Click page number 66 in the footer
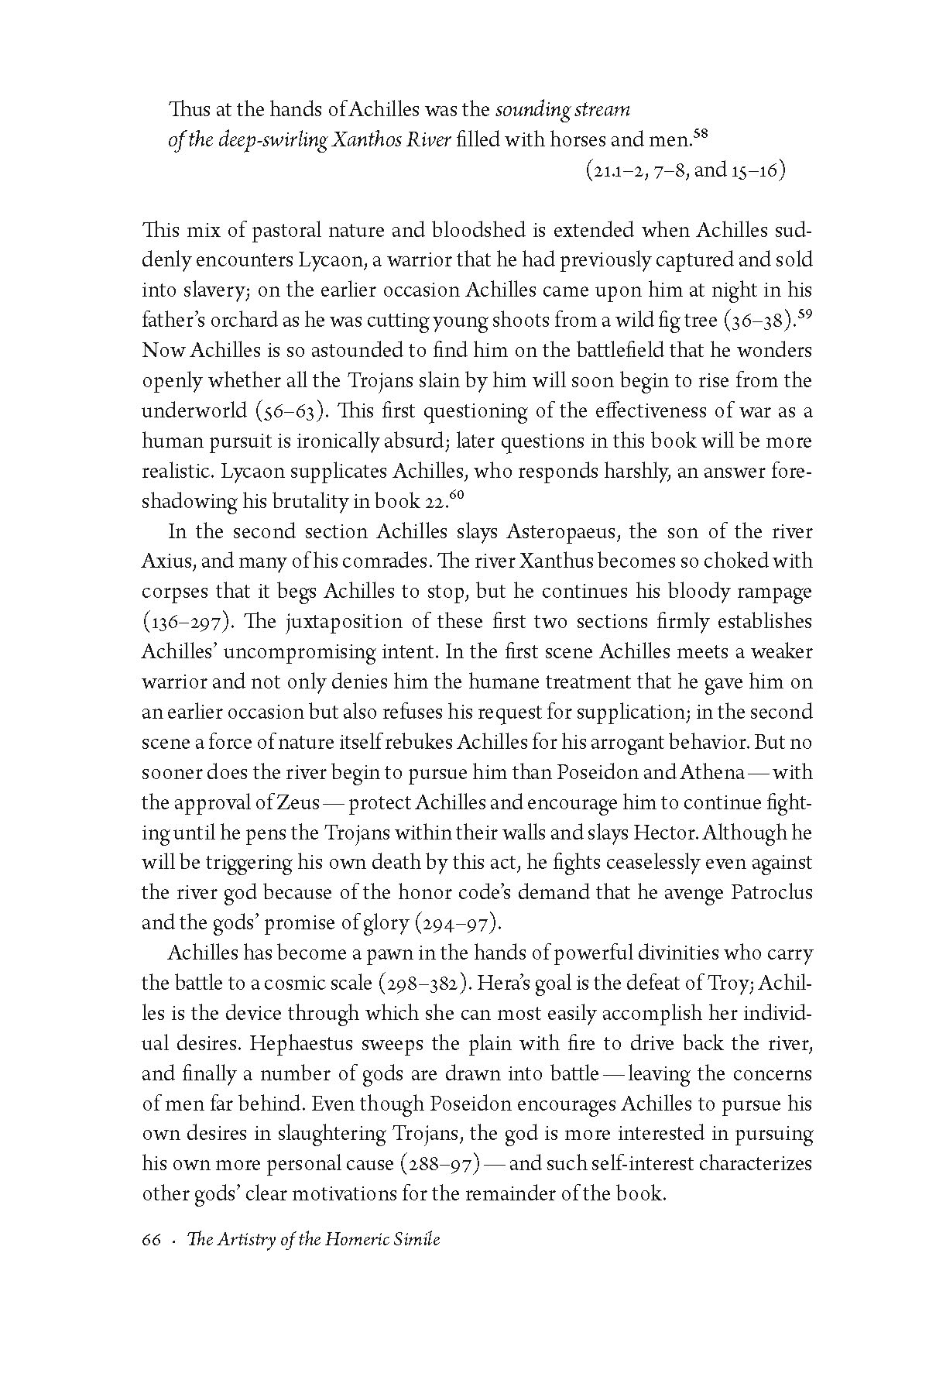[151, 1239]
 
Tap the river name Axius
[163, 561]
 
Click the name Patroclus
[771, 892]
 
